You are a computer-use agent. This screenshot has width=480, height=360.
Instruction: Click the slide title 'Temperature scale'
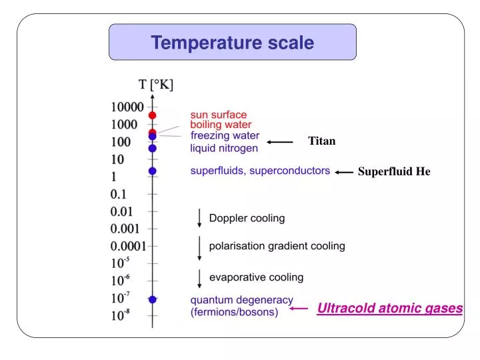pyautogui.click(x=232, y=43)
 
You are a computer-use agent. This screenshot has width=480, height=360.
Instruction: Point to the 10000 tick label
pyautogui.click(x=127, y=106)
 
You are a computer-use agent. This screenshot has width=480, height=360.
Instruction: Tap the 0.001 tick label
pyautogui.click(x=125, y=229)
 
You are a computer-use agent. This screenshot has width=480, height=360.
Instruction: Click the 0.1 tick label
pyautogui.click(x=119, y=194)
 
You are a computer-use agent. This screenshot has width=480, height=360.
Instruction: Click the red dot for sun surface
pyautogui.click(x=153, y=115)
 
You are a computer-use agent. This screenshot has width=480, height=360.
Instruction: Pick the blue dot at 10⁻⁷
pyautogui.click(x=153, y=299)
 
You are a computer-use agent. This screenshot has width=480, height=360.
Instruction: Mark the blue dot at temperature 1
pyautogui.click(x=153, y=171)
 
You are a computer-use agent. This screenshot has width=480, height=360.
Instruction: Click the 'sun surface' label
pyautogui.click(x=218, y=115)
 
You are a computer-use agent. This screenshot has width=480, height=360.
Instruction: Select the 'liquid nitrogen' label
pyautogui.click(x=223, y=147)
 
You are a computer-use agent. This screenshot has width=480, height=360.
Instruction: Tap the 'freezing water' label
pyautogui.click(x=225, y=135)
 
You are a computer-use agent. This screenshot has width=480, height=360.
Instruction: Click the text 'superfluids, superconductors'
pyautogui.click(x=260, y=171)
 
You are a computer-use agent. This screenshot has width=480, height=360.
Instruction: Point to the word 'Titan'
pyautogui.click(x=321, y=141)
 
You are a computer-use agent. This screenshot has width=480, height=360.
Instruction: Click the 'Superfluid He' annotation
pyautogui.click(x=394, y=171)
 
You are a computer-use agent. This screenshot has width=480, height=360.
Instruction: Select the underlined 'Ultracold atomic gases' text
pyautogui.click(x=390, y=308)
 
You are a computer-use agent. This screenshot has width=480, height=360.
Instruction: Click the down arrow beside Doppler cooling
pyautogui.click(x=199, y=218)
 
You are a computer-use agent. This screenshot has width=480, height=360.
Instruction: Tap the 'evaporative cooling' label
pyautogui.click(x=256, y=277)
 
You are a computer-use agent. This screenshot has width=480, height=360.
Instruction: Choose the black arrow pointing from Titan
pyautogui.click(x=280, y=141)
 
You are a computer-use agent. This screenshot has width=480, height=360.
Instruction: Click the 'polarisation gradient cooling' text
pyautogui.click(x=277, y=246)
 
